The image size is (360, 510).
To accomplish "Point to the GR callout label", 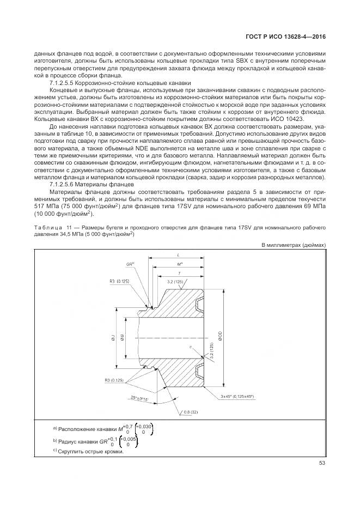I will tap(130, 264).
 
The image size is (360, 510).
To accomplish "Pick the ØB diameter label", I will tap(123, 337).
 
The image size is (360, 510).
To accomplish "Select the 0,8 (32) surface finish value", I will tap(191, 411).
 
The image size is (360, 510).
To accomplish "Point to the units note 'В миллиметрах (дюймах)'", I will tap(294, 245).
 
